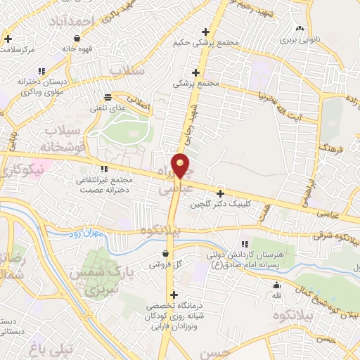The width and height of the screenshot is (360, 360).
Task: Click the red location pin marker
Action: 181,165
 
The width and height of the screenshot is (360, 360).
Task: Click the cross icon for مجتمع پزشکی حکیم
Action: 205,32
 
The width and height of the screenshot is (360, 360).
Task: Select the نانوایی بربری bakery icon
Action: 300,29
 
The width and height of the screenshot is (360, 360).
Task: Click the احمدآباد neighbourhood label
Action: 70,21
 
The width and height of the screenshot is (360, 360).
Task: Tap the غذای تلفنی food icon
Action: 107,97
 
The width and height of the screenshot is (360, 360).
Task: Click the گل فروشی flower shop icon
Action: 165,253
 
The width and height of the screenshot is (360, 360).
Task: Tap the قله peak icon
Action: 277,285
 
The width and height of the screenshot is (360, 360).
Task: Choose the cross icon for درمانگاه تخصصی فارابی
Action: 174,295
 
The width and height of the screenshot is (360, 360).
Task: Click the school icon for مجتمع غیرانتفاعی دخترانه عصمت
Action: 104,169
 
